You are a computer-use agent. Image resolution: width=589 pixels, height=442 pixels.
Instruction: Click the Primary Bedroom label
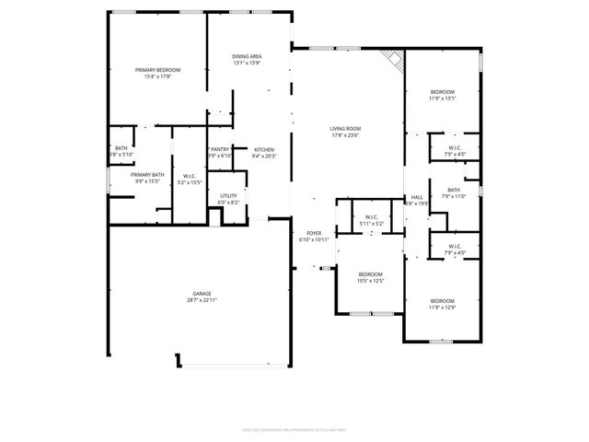point(157,70)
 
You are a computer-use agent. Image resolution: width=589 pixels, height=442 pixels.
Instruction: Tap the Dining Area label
point(247,57)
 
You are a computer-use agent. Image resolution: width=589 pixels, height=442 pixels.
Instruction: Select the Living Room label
point(346,128)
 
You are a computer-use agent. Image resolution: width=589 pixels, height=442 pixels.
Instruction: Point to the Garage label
point(202,294)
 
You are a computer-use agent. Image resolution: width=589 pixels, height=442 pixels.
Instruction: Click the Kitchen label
point(264,149)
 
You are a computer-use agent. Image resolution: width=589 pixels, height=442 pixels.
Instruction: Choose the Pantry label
point(220,149)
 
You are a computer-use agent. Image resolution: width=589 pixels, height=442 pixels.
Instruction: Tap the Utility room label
point(228,195)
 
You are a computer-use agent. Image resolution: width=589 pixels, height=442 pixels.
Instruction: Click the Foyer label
point(314,233)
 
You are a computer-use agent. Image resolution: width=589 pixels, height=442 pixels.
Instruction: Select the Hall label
point(417,196)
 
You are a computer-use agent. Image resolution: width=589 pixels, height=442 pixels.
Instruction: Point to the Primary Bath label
point(147,175)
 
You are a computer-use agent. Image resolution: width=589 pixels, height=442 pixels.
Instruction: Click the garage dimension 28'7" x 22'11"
point(202,300)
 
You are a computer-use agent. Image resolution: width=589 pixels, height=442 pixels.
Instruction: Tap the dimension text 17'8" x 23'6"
point(346,135)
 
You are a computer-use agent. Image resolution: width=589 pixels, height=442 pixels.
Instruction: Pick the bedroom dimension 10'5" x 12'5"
point(371,281)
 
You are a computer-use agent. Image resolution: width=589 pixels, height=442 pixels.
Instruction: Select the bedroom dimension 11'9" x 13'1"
point(443,99)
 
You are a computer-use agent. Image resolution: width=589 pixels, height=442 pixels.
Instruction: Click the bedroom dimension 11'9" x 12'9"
point(443,308)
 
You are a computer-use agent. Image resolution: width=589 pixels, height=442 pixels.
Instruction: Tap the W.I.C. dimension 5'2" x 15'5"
point(190,182)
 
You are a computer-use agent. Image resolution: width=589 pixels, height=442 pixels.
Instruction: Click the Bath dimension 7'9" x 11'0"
point(455,196)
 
